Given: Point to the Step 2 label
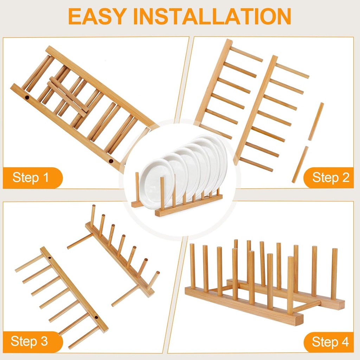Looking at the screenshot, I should point(330,178).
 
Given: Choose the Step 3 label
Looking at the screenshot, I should point(30,341).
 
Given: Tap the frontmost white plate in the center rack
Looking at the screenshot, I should point(157,183).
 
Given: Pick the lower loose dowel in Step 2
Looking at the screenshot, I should point(300,165).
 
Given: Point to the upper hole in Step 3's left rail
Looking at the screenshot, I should point(50,258).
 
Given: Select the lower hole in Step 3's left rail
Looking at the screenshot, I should point(96,318).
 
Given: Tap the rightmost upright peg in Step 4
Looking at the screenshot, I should point(334,274).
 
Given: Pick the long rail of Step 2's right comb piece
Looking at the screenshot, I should point(255,109).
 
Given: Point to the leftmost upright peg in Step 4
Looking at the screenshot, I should point(192,266).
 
